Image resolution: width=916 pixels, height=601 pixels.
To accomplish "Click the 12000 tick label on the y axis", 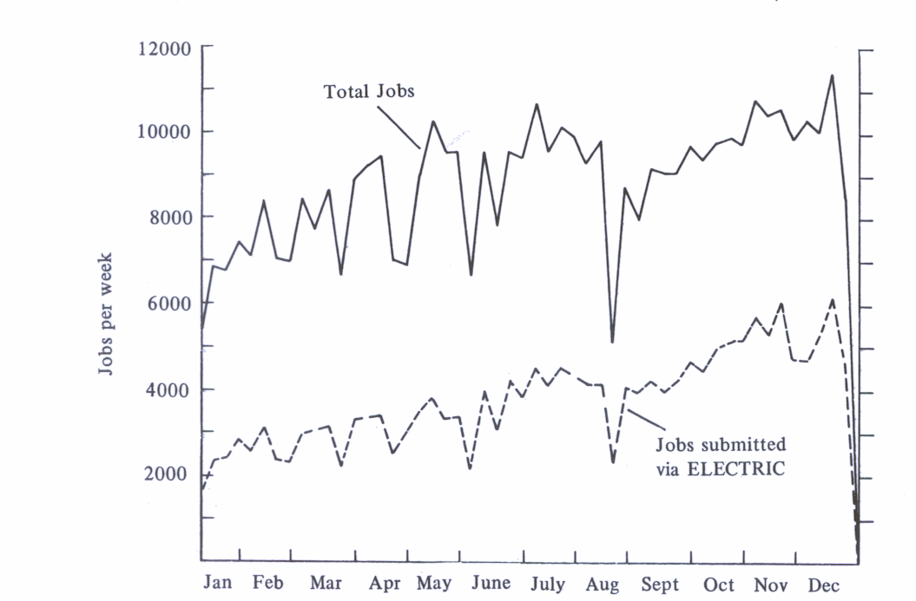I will [x=164, y=49].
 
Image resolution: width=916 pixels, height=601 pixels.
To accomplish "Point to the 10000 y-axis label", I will [x=164, y=133].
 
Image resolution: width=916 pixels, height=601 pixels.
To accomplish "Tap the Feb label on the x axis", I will [x=268, y=583].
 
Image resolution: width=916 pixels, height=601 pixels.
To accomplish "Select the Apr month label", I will [x=385, y=585].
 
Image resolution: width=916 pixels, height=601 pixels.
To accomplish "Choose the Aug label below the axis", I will [x=603, y=585].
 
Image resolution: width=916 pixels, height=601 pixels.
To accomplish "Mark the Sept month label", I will [x=659, y=585].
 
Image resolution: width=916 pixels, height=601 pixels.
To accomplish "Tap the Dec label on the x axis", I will [x=824, y=585].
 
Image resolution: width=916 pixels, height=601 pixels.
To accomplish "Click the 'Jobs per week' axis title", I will [x=106, y=314].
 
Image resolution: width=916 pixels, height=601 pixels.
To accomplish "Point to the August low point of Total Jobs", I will [x=612, y=342].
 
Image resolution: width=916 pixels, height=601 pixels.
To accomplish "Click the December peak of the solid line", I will [x=833, y=75].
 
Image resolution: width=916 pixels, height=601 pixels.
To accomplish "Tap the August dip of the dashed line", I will [x=613, y=462].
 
